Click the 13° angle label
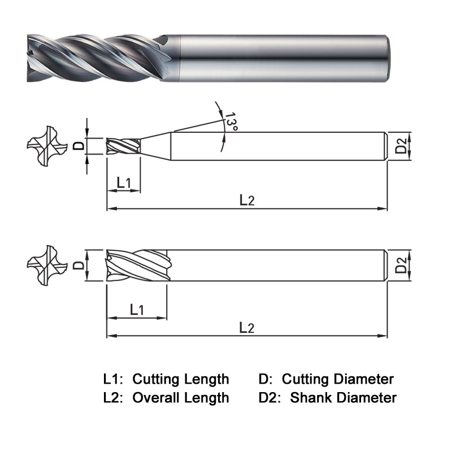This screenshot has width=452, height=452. pyautogui.click(x=230, y=121)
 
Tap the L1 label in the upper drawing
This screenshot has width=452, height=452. pyautogui.click(x=124, y=182)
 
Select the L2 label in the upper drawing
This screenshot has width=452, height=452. pyautogui.click(x=247, y=199)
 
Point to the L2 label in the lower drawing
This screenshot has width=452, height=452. pyautogui.click(x=247, y=327)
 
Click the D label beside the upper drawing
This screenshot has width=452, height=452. pyautogui.click(x=80, y=145)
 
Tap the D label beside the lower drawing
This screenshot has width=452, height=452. pyautogui.click(x=80, y=264)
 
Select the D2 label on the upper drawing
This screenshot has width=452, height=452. pyautogui.click(x=400, y=146)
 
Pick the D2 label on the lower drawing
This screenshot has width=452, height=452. pyautogui.click(x=400, y=264)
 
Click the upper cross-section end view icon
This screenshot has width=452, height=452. pyautogui.click(x=43, y=145)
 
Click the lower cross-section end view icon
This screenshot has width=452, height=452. pyautogui.click(x=43, y=264)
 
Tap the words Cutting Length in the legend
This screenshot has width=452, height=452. pyautogui.click(x=181, y=379)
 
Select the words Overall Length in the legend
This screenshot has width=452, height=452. pyautogui.click(x=181, y=398)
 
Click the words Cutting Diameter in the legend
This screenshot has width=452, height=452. pyautogui.click(x=338, y=379)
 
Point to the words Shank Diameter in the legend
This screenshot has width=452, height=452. pyautogui.click(x=344, y=398)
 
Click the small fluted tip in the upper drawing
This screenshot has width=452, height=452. pyautogui.click(x=123, y=145)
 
